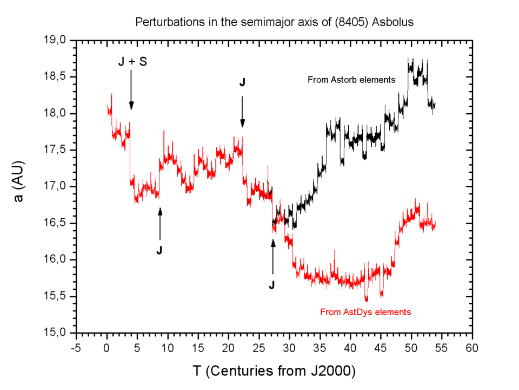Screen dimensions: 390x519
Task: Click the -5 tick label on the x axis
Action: [x=76, y=346]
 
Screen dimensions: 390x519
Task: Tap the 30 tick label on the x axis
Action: [x=289, y=346]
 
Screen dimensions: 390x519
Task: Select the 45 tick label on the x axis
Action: [x=381, y=346]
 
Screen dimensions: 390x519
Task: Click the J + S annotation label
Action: [x=132, y=62]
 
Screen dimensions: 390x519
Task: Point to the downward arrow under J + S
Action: [x=131, y=89]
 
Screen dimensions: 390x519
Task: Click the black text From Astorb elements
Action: [x=351, y=80]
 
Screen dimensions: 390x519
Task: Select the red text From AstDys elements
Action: [x=366, y=312]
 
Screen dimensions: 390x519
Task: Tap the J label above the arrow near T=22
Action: [x=242, y=82]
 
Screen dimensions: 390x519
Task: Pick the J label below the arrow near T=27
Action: [x=272, y=284]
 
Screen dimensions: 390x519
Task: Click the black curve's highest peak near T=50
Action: [x=409, y=59]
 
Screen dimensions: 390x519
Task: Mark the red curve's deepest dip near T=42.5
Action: [x=367, y=300]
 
